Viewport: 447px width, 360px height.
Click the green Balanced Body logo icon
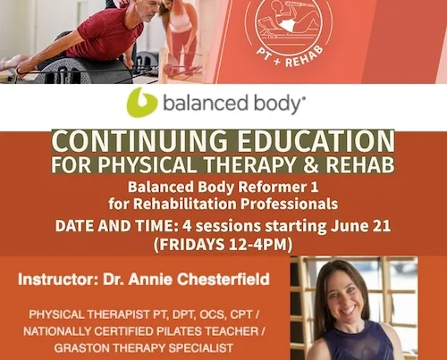click(x=141, y=102)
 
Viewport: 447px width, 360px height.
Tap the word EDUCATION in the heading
click(x=316, y=140)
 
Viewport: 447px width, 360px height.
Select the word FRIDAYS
click(x=192, y=245)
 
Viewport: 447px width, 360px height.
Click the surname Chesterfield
click(x=223, y=280)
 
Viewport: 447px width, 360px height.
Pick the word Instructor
click(x=58, y=280)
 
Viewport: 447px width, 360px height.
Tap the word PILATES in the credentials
click(x=176, y=331)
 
